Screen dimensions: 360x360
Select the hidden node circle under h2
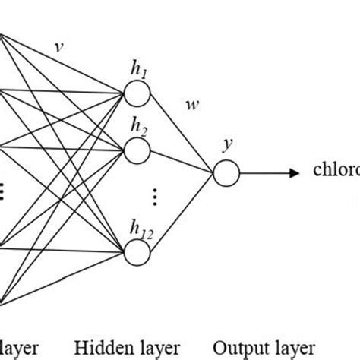[x=138, y=150]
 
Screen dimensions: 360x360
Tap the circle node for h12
[x=138, y=250]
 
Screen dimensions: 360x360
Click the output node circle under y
[x=226, y=173]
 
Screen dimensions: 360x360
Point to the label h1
[x=138, y=70]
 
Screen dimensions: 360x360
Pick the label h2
[x=138, y=126]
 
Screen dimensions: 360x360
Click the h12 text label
[x=140, y=226]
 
